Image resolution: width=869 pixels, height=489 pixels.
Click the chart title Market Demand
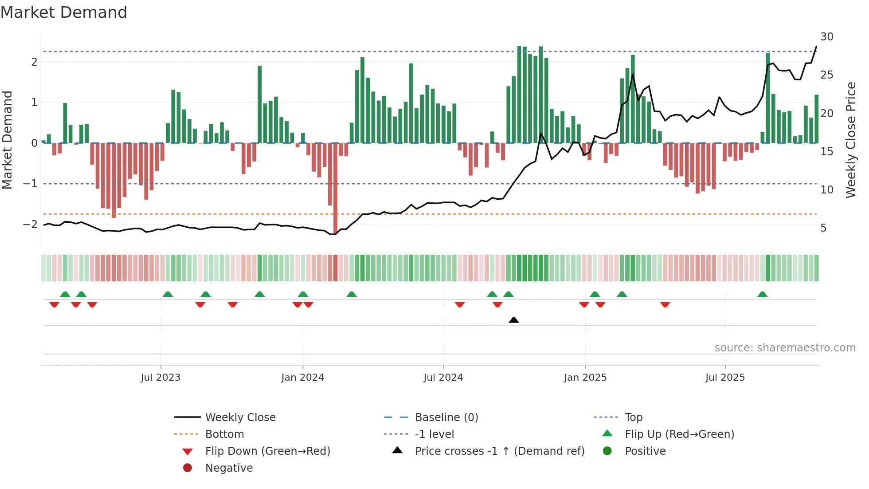[64, 12]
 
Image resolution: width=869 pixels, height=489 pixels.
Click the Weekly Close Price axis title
[850, 140]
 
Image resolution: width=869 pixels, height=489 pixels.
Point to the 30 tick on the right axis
[826, 37]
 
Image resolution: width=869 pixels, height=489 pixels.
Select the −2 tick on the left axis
[31, 224]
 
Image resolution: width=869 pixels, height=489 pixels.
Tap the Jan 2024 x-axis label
[302, 378]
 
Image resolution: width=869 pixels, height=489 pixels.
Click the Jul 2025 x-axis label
[725, 378]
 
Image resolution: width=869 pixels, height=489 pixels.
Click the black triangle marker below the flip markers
[513, 320]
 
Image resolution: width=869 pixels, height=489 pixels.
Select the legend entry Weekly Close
[240, 418]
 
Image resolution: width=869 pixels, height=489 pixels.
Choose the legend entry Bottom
[224, 434]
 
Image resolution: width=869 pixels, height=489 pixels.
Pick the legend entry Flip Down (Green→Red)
[267, 451]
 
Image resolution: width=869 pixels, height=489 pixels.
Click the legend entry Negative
[229, 468]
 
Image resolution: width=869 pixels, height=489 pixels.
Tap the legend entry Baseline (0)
[446, 418]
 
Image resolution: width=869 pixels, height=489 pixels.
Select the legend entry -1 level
[434, 434]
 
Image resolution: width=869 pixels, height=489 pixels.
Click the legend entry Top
[633, 418]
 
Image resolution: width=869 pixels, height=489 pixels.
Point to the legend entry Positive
[645, 451]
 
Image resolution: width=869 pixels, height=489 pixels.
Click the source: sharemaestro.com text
[785, 348]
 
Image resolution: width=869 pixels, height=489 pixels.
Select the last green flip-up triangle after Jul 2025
[762, 294]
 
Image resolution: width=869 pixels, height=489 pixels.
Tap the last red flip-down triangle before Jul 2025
[665, 304]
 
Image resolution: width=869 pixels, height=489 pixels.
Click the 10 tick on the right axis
[826, 190]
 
